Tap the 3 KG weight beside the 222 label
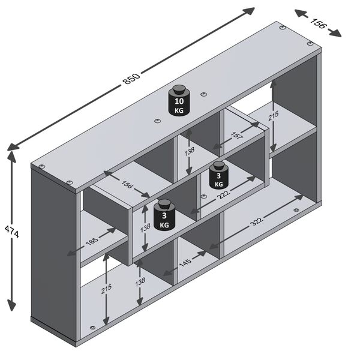(218, 175)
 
